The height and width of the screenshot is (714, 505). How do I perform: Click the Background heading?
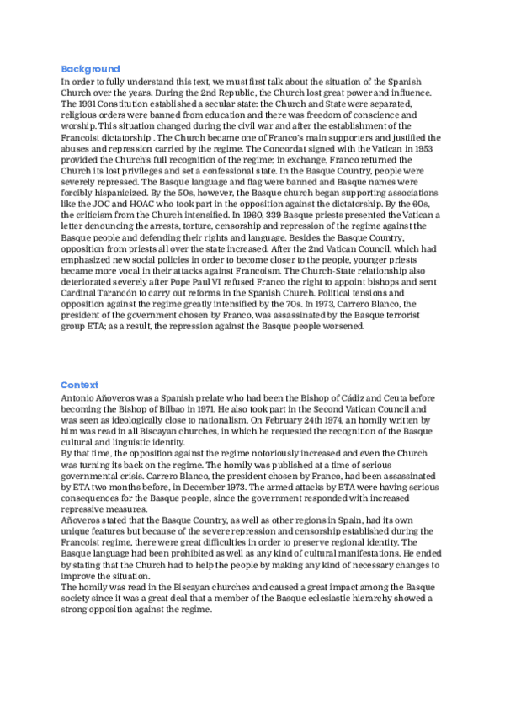[90, 69]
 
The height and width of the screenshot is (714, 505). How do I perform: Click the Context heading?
[80, 384]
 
